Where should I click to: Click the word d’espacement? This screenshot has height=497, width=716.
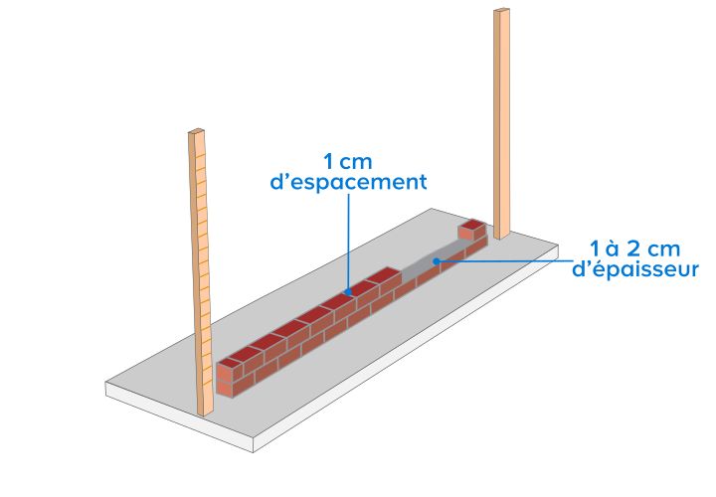348,182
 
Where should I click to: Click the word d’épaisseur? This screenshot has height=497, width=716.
635,268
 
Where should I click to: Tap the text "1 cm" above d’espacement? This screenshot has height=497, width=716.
348,162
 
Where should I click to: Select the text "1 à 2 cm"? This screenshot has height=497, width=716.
635,248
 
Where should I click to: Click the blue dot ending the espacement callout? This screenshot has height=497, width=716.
348,291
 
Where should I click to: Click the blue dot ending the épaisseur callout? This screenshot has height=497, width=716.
437,261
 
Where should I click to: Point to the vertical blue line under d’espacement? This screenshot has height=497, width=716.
349,241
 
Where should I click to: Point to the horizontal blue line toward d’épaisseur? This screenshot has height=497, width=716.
504,261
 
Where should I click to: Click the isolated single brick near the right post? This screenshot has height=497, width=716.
471,230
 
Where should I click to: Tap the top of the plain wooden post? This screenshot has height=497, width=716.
501,11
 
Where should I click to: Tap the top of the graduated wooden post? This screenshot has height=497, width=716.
196,132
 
